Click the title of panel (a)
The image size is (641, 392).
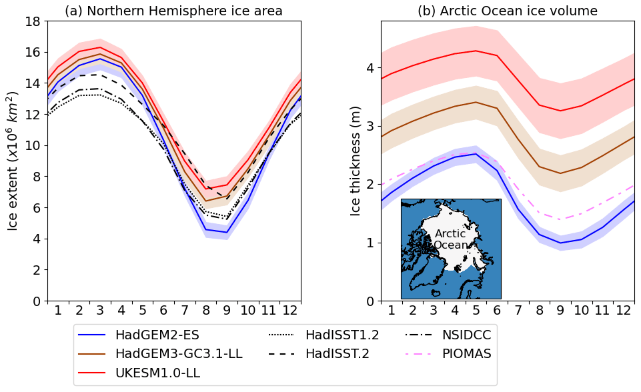pos(173,11)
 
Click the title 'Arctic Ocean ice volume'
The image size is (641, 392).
pos(508,11)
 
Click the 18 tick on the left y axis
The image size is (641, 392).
pos(32,21)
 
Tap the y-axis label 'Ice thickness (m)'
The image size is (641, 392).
pos(356,161)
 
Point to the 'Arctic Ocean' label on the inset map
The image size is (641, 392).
pos(450,239)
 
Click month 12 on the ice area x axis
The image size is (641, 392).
pos(289,310)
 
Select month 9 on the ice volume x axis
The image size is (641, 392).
pos(560,310)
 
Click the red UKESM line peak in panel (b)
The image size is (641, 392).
pos(476,51)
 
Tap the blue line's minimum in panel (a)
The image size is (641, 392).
pos(227,233)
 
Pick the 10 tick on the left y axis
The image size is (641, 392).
pos(32,145)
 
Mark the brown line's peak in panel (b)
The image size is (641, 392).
pos(476,102)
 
